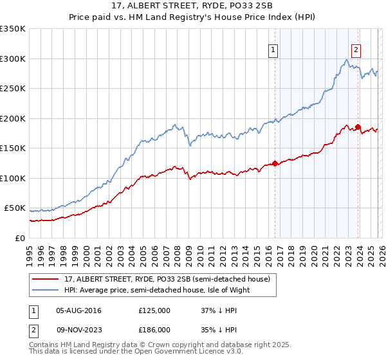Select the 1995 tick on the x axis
coord(30,251)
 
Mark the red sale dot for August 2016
coord(275,163)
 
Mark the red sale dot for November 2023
coord(358,127)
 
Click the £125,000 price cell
coord(154,310)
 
